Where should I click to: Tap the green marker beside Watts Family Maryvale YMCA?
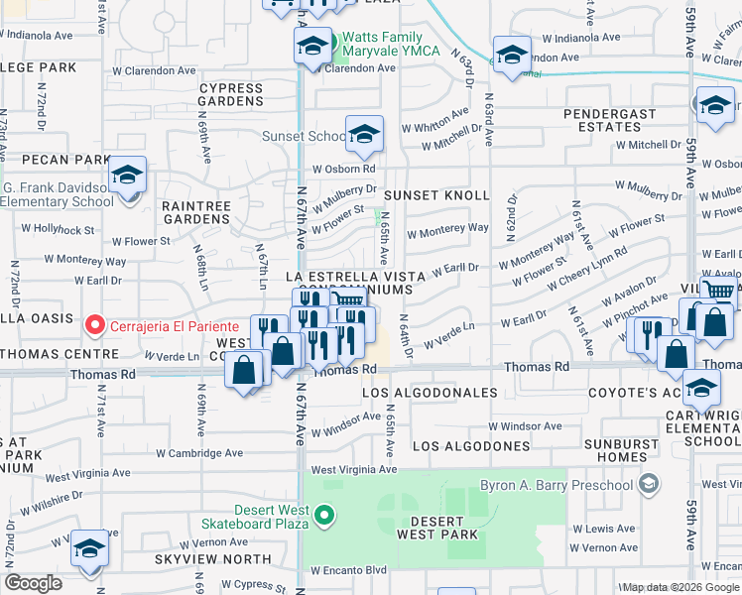(334, 44)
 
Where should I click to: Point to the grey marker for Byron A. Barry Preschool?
(649, 484)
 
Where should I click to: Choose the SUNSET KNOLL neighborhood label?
(437, 195)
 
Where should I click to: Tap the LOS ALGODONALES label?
(430, 394)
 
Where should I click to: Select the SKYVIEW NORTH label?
(205, 559)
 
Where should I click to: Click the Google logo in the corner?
(34, 583)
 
